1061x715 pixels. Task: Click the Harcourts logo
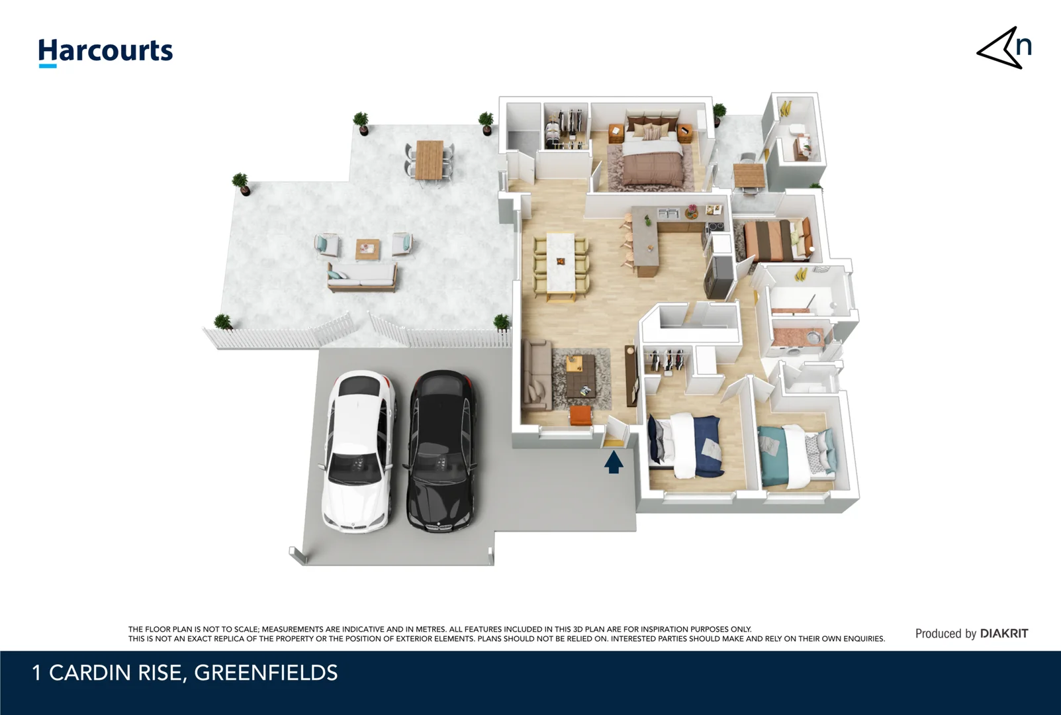105,52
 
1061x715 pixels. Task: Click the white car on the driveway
359,450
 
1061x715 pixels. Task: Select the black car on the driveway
441,450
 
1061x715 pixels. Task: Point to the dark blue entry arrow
614,461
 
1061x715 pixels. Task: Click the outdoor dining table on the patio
430,159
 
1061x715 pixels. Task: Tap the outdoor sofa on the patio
362,277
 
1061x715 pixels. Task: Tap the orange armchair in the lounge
580,416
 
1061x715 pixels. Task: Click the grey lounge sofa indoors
536,374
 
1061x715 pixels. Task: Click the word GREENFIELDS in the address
265,673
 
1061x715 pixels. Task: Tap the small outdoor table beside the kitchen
749,175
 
